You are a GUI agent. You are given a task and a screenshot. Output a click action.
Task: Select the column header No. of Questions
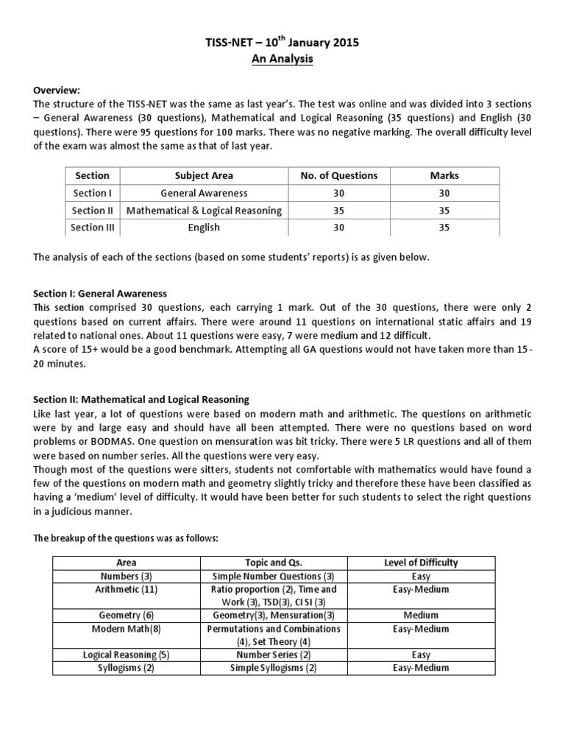click(338, 175)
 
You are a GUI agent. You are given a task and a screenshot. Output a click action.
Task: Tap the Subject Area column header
click(204, 175)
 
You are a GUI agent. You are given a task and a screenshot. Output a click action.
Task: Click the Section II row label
click(92, 211)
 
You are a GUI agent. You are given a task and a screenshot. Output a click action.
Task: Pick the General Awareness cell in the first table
click(204, 193)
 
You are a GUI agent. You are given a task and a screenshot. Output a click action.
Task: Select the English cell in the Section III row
click(204, 228)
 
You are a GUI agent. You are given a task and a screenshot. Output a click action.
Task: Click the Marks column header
click(444, 175)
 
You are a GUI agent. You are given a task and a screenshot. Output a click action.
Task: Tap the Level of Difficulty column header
click(421, 563)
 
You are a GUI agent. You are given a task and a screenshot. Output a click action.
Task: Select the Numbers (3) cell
click(127, 577)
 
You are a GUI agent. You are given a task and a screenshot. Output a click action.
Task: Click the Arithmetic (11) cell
click(127, 590)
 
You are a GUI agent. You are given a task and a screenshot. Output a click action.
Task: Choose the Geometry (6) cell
click(127, 615)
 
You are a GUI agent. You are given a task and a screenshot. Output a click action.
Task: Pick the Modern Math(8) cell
click(127, 629)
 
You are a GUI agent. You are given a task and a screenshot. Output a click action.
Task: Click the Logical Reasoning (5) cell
click(127, 655)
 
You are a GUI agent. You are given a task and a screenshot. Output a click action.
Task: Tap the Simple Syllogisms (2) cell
click(273, 668)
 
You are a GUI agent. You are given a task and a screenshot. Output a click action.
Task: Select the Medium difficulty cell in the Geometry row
click(421, 615)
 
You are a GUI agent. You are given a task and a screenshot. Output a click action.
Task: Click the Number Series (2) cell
click(273, 655)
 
